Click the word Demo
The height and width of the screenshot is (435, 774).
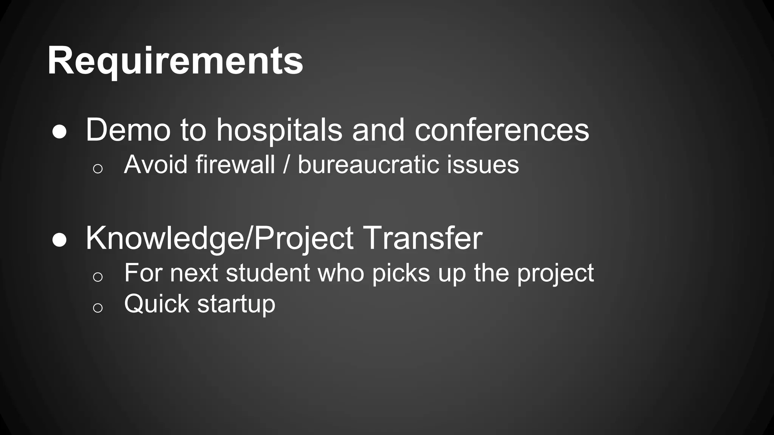coord(128,130)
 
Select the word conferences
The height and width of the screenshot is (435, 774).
coord(502,130)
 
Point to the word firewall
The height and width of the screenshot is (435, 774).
coord(235,165)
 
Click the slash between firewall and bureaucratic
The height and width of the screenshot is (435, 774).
coord(286,165)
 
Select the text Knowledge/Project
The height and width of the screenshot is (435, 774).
coord(219,239)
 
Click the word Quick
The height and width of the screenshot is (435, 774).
coord(156,304)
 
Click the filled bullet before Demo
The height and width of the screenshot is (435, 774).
coord(60,132)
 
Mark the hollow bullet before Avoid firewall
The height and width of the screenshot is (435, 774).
coord(98,168)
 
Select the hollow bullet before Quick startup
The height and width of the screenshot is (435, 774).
coord(98,308)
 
